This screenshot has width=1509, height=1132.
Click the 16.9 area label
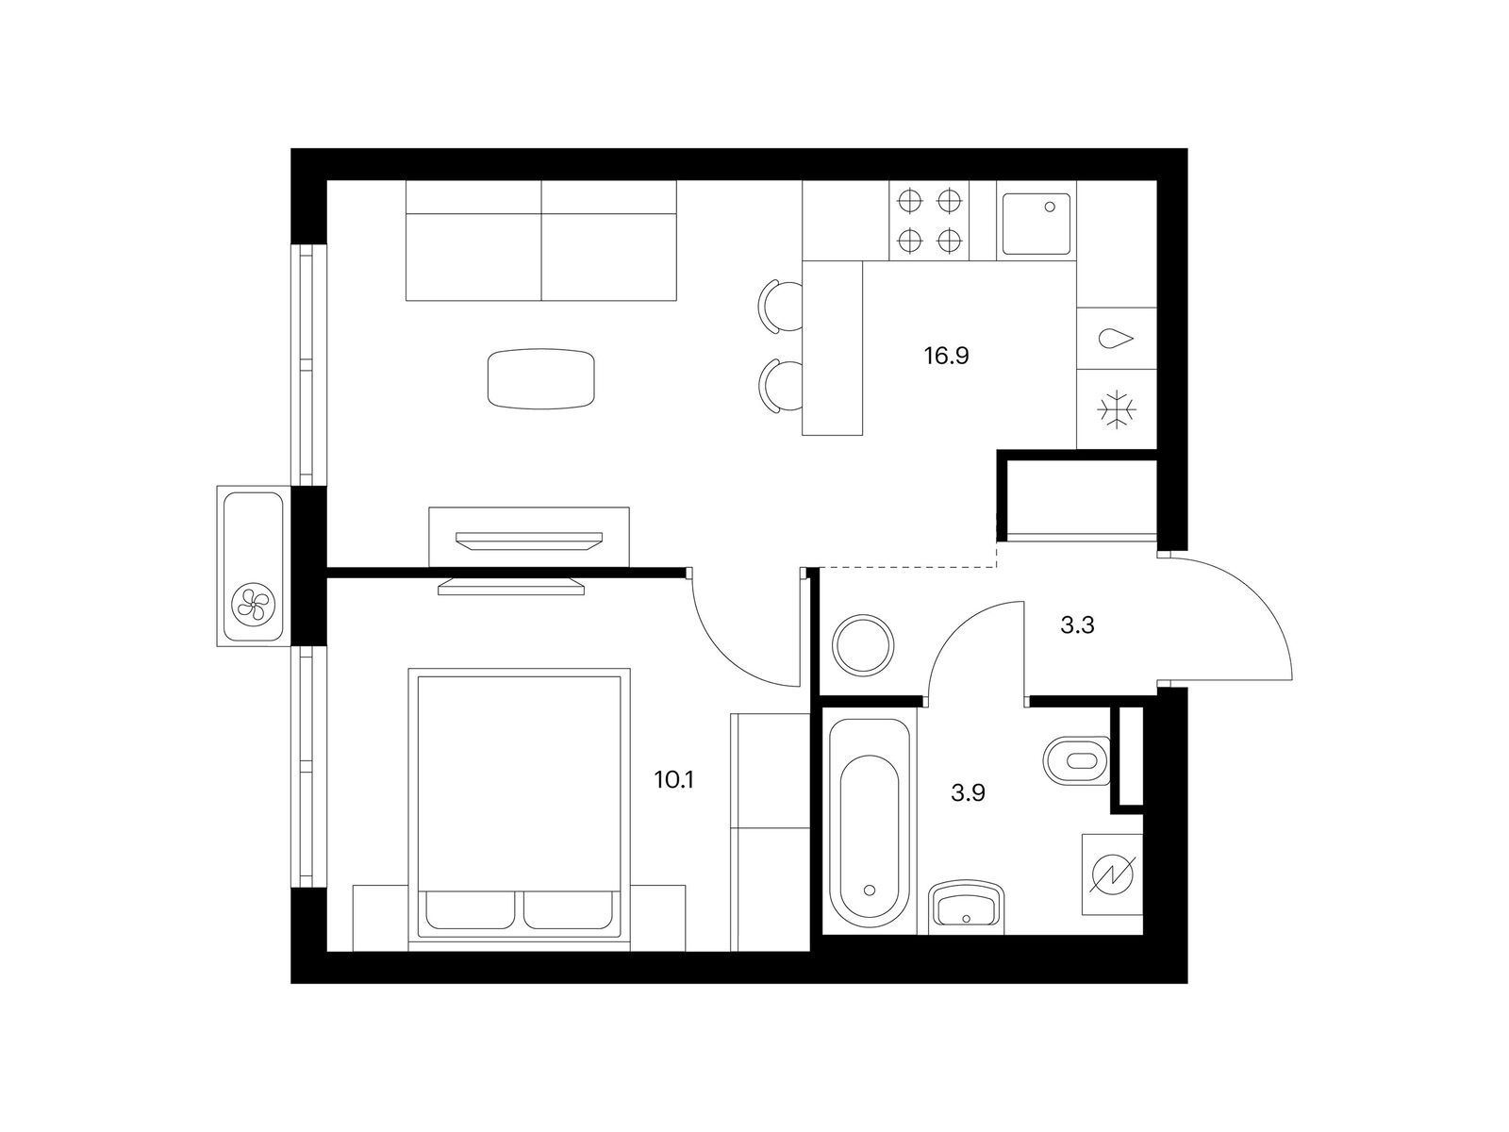pos(947,356)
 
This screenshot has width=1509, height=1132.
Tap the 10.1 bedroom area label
pos(674,780)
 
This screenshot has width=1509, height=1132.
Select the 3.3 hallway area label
pos(1077,624)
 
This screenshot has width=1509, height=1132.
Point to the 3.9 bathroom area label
pos(968,793)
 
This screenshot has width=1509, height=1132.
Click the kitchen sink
pos(1036,224)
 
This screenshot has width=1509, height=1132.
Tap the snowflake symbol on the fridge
pos(1117,410)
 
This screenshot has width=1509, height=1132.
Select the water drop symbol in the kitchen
pos(1115,338)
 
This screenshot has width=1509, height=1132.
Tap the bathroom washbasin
pos(966,907)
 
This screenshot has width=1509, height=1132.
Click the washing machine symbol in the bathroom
pos(1112,874)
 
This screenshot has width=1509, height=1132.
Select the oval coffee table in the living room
pos(541,378)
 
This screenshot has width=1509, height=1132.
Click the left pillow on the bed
pos(471,909)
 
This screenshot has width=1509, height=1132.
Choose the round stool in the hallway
pos(863,644)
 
